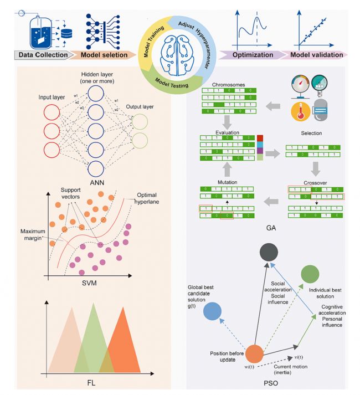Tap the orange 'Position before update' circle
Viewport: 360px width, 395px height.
[x=254, y=353]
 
